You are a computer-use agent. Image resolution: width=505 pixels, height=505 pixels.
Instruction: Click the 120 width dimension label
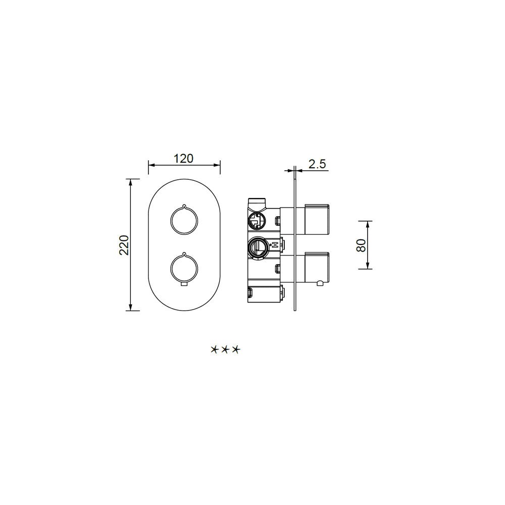click(x=183, y=159)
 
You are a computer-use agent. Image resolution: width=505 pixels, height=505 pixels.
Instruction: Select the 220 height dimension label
click(x=124, y=245)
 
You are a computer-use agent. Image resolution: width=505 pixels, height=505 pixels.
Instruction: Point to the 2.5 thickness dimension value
click(x=317, y=164)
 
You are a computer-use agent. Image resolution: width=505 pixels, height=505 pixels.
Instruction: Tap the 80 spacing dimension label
click(x=361, y=245)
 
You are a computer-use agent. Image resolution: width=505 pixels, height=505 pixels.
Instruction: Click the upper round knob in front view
click(x=170, y=221)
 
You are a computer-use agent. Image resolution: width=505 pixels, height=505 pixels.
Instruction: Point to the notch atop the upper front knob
click(x=184, y=206)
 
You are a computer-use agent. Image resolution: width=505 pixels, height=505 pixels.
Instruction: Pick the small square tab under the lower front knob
click(x=184, y=284)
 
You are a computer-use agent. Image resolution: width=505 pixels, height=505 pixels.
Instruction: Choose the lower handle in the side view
click(x=317, y=267)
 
